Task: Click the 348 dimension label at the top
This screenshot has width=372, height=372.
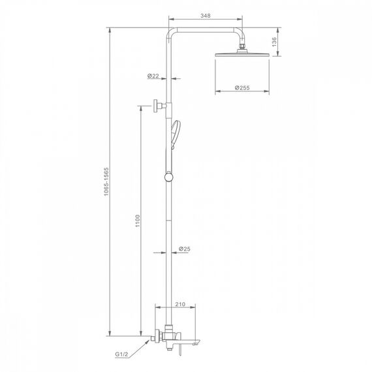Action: (205, 16)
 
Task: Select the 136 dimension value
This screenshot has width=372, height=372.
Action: (274, 42)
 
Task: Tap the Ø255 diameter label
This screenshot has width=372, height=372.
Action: (242, 88)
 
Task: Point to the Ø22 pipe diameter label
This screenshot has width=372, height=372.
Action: (153, 76)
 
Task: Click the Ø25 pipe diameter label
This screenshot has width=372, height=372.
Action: (185, 249)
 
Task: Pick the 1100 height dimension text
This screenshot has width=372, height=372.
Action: (138, 221)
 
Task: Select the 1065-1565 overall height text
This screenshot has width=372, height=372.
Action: (106, 181)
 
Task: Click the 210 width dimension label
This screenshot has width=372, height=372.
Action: (180, 304)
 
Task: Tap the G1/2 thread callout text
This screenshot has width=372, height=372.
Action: (121, 354)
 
